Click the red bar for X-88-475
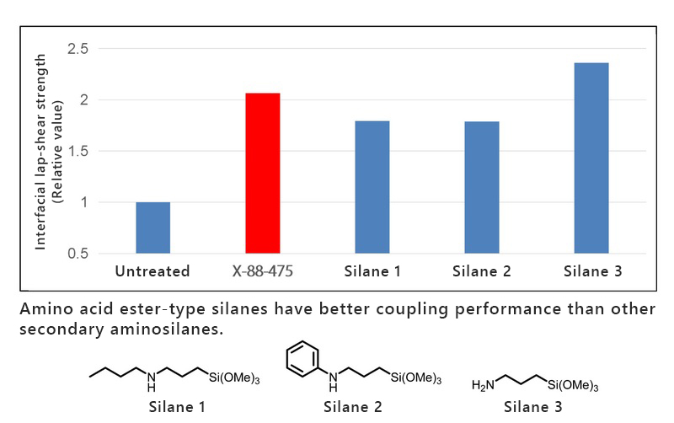click(x=262, y=173)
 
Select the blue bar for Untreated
click(x=152, y=228)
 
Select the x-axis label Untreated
click(x=152, y=271)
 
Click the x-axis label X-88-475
click(x=262, y=271)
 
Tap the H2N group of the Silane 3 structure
click(x=484, y=385)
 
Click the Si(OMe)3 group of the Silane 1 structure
click(x=233, y=381)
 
